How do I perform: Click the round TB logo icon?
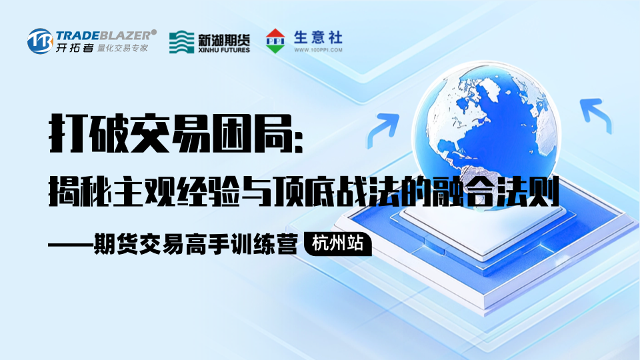point(40,41)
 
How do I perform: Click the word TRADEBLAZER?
point(103,35)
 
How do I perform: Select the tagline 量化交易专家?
point(122,48)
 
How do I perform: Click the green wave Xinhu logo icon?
point(181,41)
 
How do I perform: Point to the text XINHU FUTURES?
point(224,50)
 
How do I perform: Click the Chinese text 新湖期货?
point(224,39)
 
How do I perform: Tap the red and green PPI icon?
point(275,41)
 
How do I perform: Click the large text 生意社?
point(318,38)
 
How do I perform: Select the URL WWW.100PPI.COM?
point(319,50)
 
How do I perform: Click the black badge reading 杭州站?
point(338,244)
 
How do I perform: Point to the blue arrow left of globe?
point(383,129)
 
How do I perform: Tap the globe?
point(486,131)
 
